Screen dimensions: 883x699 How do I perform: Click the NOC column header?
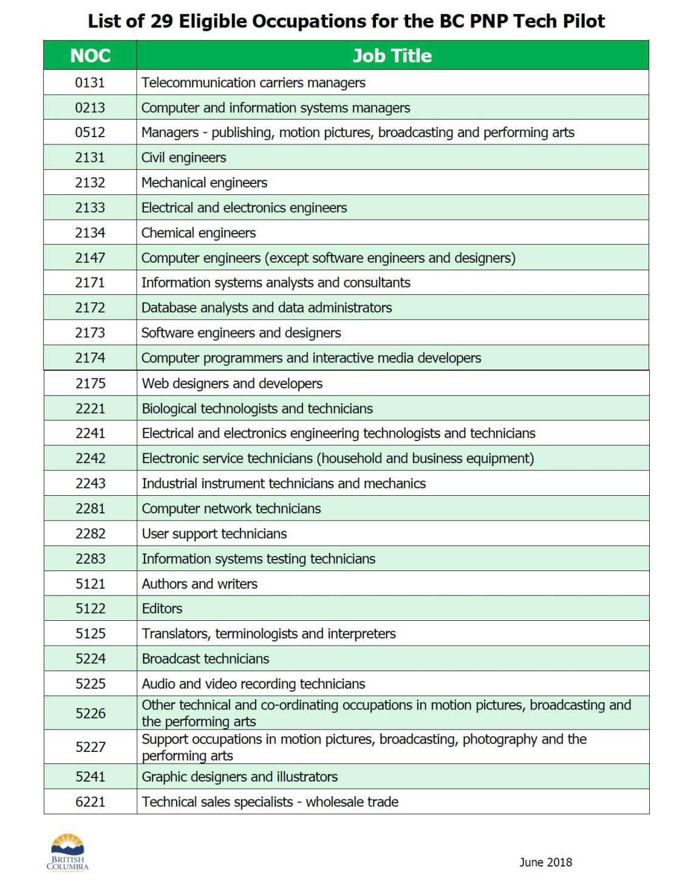[90, 56]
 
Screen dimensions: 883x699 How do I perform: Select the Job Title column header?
[392, 56]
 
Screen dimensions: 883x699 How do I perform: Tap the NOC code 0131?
[90, 83]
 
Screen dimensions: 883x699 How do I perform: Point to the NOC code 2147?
[90, 258]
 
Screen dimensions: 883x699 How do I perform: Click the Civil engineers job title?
[183, 158]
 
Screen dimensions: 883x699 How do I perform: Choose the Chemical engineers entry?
[198, 233]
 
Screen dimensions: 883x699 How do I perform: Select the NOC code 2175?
[90, 384]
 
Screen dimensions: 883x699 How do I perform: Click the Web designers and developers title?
[232, 384]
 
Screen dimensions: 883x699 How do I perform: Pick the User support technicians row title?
[214, 534]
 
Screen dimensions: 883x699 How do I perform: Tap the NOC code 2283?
[90, 559]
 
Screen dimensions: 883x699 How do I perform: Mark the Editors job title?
[162, 609]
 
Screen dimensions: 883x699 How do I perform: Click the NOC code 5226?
[90, 714]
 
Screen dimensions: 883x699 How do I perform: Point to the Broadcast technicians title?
[205, 659]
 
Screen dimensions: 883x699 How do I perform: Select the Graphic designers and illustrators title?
[239, 777]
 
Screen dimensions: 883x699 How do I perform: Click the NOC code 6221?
[90, 802]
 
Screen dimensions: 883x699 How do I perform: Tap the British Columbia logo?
[67, 852]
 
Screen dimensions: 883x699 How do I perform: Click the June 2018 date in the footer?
[545, 862]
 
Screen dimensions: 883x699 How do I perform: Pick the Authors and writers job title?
[199, 584]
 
